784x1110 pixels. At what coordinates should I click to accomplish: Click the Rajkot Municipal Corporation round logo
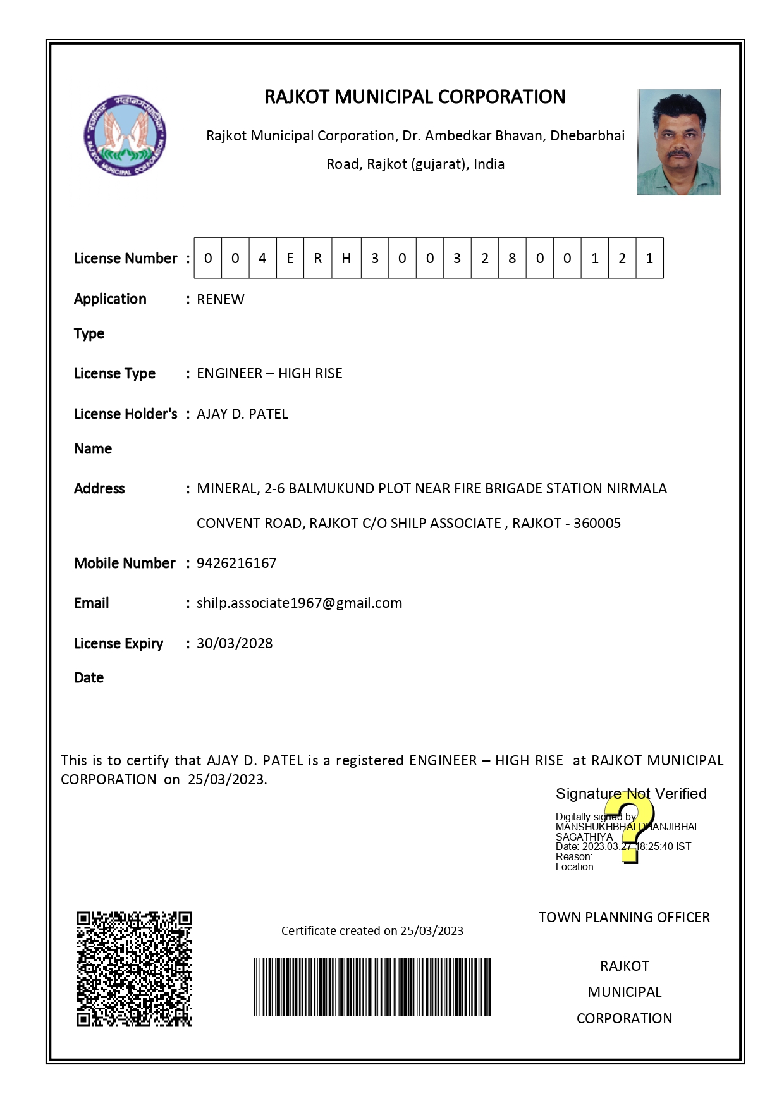125,136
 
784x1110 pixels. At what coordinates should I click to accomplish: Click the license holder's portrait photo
678,142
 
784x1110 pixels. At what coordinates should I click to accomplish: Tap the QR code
134,968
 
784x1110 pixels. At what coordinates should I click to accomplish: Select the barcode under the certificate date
372,986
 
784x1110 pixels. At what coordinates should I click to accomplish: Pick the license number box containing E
290,258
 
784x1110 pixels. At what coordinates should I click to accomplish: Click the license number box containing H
346,258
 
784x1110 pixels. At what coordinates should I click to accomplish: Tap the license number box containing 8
512,258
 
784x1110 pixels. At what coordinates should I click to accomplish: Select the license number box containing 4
262,258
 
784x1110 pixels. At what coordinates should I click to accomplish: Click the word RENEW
220,299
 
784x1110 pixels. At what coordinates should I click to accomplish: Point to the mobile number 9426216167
236,563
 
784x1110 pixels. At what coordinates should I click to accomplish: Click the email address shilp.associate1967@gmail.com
299,603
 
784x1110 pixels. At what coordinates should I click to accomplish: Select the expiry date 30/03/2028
235,643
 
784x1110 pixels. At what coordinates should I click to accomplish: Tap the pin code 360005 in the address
597,523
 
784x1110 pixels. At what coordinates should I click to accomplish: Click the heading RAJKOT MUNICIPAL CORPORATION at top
415,97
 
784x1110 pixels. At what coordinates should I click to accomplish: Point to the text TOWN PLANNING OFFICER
624,917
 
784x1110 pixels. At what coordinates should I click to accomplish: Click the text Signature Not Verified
631,794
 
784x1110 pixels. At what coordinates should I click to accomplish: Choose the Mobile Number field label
125,563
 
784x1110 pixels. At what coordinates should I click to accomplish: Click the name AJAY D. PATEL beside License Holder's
242,414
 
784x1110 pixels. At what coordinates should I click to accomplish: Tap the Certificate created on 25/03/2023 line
372,930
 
